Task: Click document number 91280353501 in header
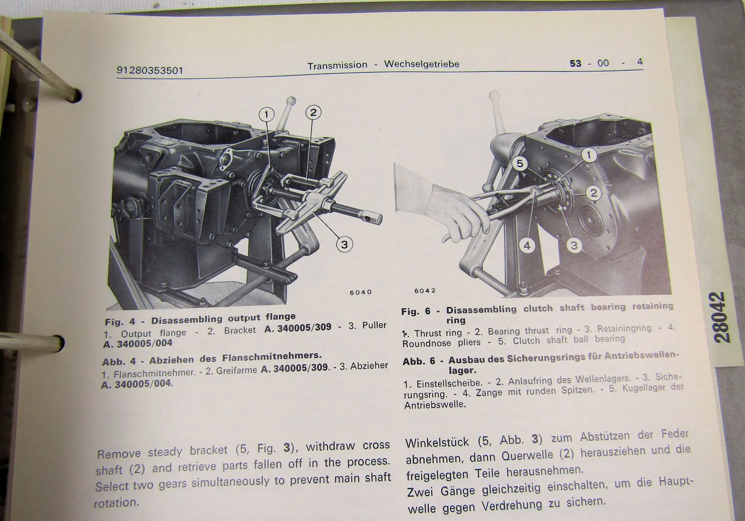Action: click(149, 70)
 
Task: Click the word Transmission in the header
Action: click(337, 65)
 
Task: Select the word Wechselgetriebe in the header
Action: click(422, 64)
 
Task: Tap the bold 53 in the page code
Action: click(575, 64)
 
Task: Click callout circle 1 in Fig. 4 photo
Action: click(267, 115)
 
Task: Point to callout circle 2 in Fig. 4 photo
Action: click(313, 113)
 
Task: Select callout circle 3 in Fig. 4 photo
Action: click(344, 244)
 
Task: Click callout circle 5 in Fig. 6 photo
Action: click(520, 163)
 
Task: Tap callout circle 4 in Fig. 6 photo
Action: click(527, 245)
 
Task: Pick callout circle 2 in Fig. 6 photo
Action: click(594, 193)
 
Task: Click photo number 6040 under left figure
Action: click(361, 292)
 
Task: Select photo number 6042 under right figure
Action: click(425, 291)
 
